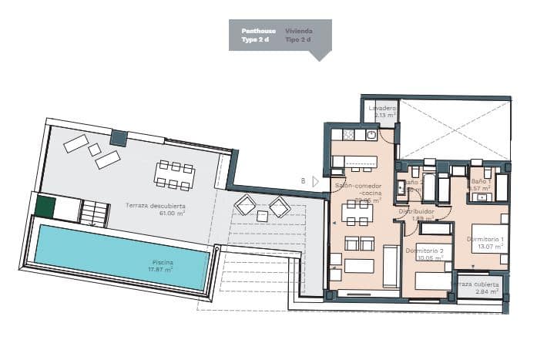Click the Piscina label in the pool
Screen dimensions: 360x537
coord(163,263)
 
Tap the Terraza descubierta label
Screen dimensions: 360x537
coord(155,205)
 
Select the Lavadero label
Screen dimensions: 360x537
coord(381,109)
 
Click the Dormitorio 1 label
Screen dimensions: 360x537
coord(485,238)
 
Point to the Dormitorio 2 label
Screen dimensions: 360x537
coord(424,251)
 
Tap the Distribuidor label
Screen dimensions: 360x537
coord(416,211)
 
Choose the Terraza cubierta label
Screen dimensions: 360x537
coord(478,284)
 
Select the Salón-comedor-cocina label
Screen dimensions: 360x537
coord(354,190)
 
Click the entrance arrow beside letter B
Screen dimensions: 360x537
coord(314,181)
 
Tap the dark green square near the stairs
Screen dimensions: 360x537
coord(45,207)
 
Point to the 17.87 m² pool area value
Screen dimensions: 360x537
coord(163,270)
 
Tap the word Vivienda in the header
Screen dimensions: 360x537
coord(298,30)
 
